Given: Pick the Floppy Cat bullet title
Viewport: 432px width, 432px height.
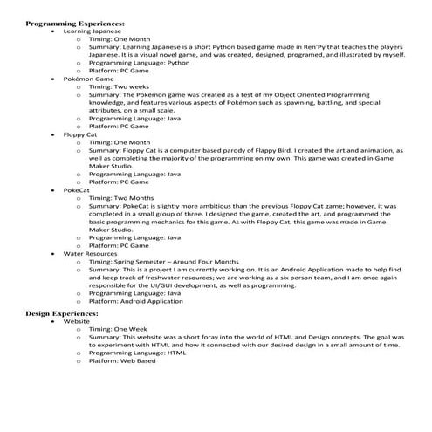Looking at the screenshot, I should tap(78, 134).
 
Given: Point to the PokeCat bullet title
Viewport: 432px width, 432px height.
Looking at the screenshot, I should tap(76, 189).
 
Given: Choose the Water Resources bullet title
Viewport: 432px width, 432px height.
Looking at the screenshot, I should tap(90, 253).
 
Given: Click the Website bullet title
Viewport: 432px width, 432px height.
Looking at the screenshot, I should tap(76, 320).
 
